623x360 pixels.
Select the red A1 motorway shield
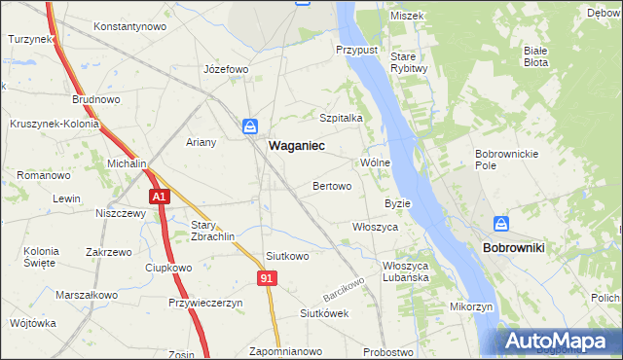(x=160, y=197)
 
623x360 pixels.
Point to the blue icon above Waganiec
(x=251, y=126)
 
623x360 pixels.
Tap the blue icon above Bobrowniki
(x=500, y=225)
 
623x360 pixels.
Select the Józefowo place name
(x=226, y=70)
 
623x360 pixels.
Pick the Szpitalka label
(x=342, y=117)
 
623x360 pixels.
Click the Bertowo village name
(x=332, y=185)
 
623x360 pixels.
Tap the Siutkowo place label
(x=287, y=257)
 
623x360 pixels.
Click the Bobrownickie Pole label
(x=499, y=160)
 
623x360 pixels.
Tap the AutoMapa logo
(x=559, y=341)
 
